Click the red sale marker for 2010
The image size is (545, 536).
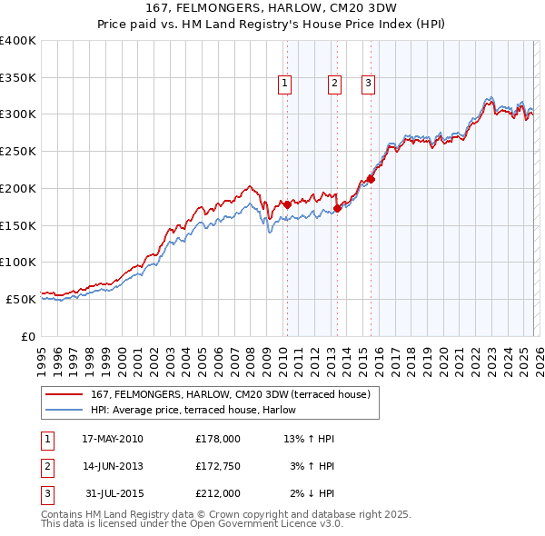[287, 204]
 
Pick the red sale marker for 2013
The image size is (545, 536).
[337, 208]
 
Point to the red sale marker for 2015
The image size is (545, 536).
[371, 179]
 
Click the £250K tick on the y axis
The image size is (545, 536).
[18, 151]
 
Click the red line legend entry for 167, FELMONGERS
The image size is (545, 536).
[230, 395]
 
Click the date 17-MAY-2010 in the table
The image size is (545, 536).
[113, 439]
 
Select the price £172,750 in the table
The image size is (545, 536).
[218, 466]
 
